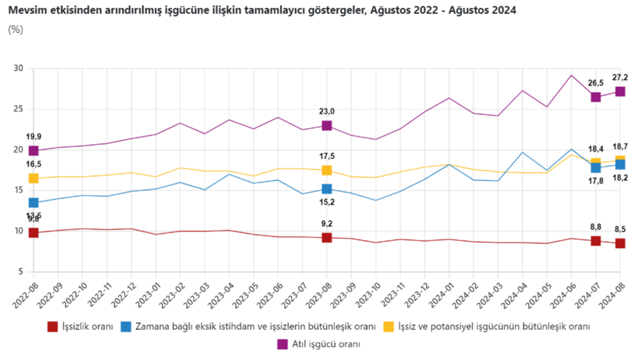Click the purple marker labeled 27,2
[620, 91]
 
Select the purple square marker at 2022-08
[34, 151]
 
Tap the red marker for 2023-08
[327, 238]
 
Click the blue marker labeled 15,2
[327, 189]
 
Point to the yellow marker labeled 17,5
[327, 170]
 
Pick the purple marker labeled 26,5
[595, 97]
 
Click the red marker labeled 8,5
[620, 244]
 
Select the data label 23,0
[327, 111]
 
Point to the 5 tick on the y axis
[20, 272]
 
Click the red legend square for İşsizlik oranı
[53, 327]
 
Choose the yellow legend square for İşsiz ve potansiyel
[388, 327]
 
